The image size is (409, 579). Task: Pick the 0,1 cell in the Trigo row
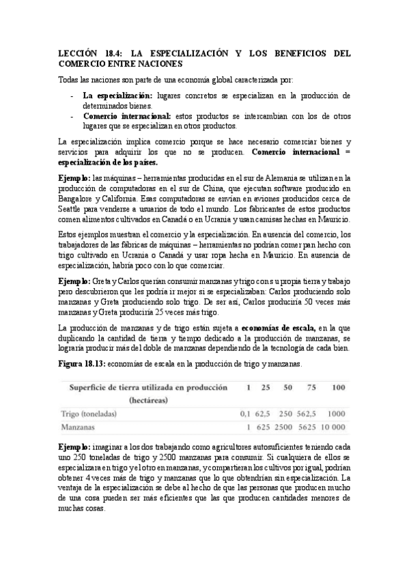tap(245, 414)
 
